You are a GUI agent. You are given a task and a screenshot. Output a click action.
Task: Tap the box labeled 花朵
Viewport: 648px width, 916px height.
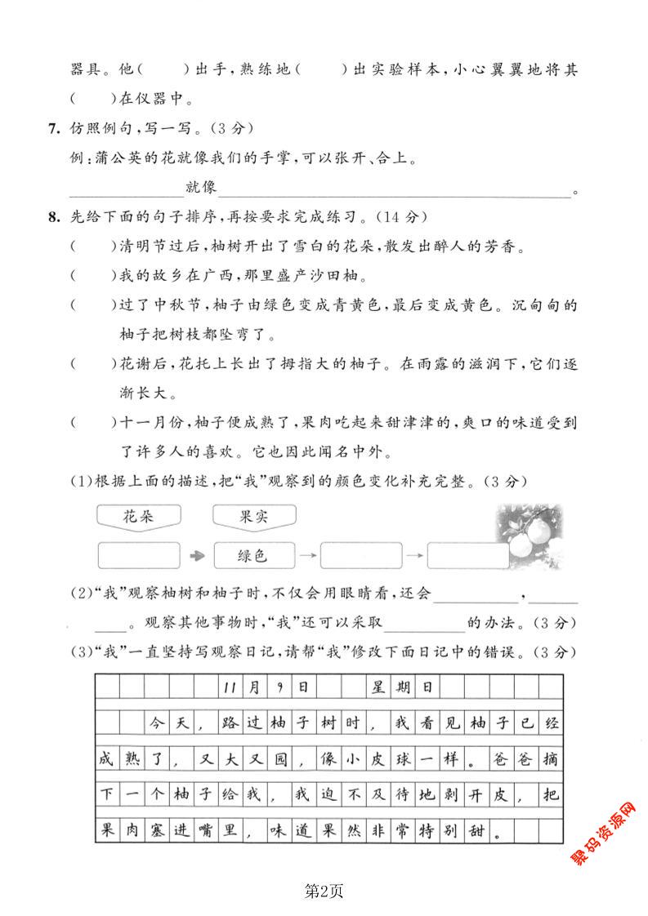[x=138, y=516]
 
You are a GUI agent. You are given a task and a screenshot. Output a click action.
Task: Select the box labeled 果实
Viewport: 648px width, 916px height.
[x=253, y=516]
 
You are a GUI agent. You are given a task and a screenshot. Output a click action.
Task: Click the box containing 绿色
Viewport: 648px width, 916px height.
[x=253, y=555]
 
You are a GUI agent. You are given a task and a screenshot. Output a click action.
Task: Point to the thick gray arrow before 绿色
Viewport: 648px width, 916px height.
[x=196, y=556]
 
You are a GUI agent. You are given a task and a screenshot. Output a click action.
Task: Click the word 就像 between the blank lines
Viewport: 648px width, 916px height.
[x=201, y=188]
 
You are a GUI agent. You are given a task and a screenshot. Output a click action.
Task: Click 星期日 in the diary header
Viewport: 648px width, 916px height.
[x=402, y=687]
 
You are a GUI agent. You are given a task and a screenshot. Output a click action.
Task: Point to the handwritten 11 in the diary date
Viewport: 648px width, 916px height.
[x=228, y=687]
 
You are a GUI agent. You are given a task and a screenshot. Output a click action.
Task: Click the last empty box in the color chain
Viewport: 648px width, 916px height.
[x=467, y=555]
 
